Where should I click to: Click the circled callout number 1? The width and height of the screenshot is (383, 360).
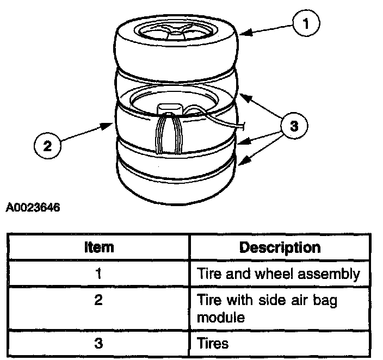(x=305, y=23)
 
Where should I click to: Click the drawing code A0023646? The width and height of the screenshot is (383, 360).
(x=33, y=207)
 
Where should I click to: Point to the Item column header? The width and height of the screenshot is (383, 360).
(x=100, y=248)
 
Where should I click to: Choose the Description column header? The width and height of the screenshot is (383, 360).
(x=280, y=248)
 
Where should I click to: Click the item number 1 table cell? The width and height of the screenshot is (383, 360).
(x=99, y=274)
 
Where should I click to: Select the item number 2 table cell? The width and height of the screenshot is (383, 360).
(x=99, y=300)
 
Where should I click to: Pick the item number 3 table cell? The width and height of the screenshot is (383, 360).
(x=99, y=343)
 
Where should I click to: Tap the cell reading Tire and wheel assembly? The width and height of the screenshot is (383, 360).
(x=278, y=274)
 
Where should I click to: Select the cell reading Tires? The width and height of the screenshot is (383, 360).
(x=213, y=343)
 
